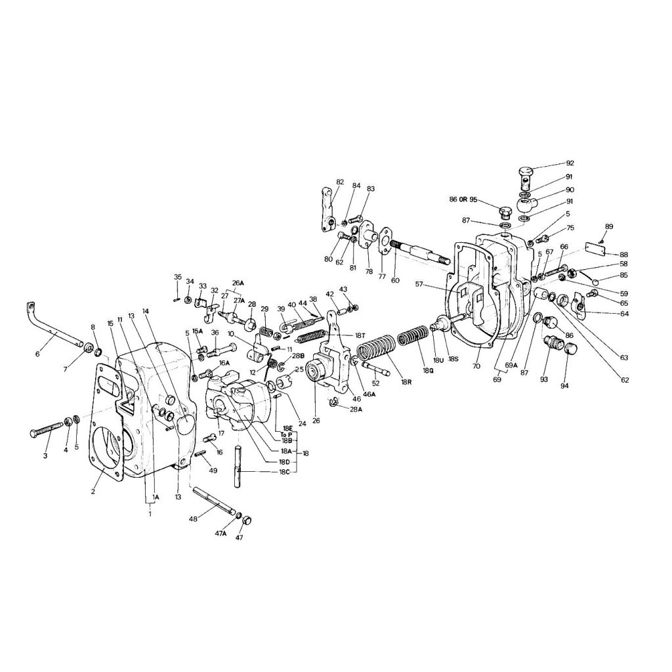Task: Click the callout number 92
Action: coord(569,163)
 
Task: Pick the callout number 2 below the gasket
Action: coord(93,491)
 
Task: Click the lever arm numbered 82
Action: coord(326,210)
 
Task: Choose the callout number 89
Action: coord(609,226)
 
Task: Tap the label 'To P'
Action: coord(285,434)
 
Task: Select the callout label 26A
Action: coord(237,283)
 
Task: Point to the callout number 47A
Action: coord(220,534)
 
